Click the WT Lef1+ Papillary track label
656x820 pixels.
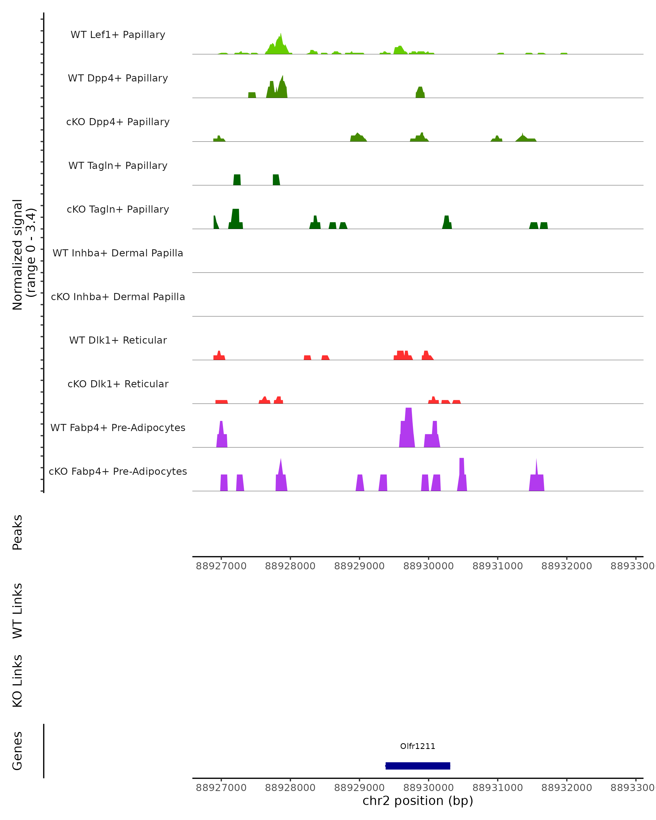(x=118, y=35)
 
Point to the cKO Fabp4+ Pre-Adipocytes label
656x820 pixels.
(x=118, y=471)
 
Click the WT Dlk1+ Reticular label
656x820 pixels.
(x=118, y=340)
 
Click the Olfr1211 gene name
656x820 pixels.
(x=418, y=746)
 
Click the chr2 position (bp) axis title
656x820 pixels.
(x=418, y=801)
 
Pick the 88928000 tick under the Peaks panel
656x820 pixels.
(x=290, y=566)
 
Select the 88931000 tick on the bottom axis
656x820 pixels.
(x=497, y=788)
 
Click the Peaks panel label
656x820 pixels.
(x=17, y=532)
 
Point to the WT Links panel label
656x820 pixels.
(x=17, y=610)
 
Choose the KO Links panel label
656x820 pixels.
(x=17, y=681)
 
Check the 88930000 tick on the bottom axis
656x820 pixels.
(x=428, y=788)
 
